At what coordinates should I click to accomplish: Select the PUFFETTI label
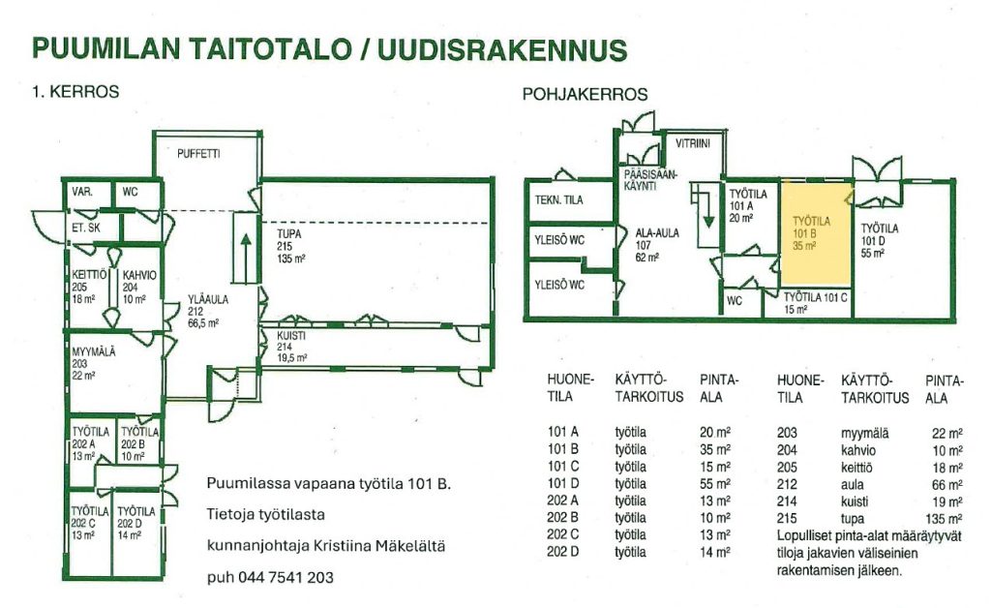[198, 154]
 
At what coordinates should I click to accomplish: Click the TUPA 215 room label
[291, 246]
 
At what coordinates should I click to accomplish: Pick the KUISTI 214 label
[292, 347]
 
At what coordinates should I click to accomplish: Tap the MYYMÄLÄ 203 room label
[94, 363]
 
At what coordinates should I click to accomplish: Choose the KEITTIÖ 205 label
[89, 287]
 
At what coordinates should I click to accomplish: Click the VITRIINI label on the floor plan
[693, 143]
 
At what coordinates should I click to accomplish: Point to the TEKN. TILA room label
[558, 199]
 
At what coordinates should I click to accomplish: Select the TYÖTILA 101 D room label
[879, 240]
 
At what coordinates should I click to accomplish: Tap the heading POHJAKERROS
[585, 94]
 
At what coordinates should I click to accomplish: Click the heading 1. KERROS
[75, 92]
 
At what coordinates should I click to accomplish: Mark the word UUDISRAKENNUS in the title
[502, 48]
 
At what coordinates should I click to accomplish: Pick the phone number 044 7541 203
[285, 577]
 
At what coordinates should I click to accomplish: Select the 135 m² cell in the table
[944, 519]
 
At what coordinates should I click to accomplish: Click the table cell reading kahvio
[858, 450]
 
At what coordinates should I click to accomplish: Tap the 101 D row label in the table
[562, 483]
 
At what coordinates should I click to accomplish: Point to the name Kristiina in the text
[344, 545]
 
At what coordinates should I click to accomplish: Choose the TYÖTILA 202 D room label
[135, 523]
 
